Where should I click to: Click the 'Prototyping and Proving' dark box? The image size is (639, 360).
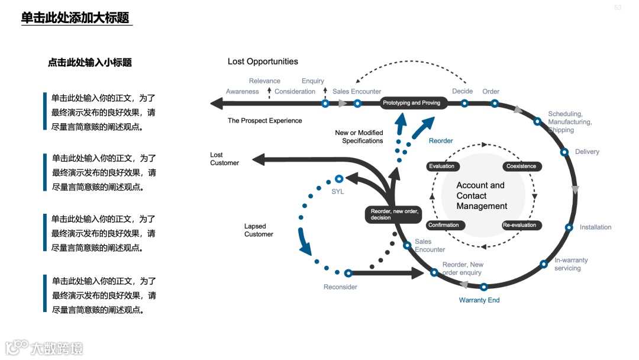(412, 103)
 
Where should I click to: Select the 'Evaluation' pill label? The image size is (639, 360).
(442, 166)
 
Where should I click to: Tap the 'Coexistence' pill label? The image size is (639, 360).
(521, 166)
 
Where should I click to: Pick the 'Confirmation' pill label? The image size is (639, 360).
(444, 225)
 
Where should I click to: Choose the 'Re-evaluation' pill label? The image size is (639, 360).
(519, 225)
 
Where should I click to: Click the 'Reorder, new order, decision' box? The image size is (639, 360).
(394, 214)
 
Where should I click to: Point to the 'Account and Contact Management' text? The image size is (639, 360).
(481, 196)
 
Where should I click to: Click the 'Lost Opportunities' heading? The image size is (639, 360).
(263, 62)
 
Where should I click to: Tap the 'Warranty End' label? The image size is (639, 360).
(479, 300)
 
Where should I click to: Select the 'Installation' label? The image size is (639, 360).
(595, 227)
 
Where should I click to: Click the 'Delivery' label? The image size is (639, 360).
(587, 152)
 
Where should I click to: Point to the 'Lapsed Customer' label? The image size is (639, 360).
(259, 230)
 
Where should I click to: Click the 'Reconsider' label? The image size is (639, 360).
(340, 287)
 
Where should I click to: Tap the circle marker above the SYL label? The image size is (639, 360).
(339, 178)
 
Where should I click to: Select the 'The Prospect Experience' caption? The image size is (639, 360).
(264, 121)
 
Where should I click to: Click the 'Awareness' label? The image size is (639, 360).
(243, 92)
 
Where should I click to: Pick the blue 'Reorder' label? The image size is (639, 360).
(441, 141)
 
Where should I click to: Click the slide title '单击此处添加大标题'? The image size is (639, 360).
(75, 18)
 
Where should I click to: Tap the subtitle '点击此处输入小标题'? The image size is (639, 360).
(89, 62)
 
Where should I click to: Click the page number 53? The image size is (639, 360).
(618, 8)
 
